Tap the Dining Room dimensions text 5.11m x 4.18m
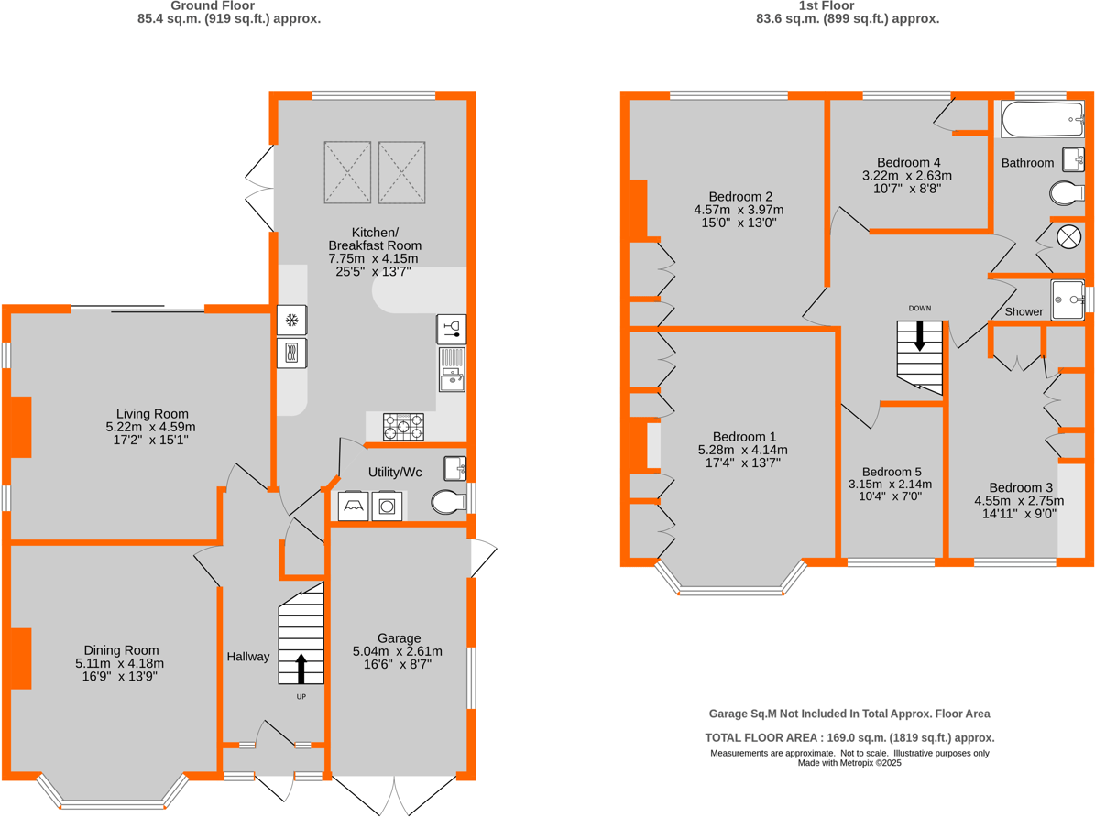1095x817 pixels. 119,663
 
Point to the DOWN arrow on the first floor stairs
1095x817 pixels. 920,336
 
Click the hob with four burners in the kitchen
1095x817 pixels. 403,427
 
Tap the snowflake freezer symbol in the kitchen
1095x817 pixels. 292,321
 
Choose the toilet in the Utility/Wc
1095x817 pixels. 448,502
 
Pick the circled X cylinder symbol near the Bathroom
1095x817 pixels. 1068,235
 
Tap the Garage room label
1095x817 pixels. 399,637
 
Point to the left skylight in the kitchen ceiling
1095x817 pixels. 347,172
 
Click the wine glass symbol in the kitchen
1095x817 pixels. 452,328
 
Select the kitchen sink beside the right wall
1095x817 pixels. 452,369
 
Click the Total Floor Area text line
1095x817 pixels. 849,737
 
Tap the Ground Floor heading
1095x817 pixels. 228,5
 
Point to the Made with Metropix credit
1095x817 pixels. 849,762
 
